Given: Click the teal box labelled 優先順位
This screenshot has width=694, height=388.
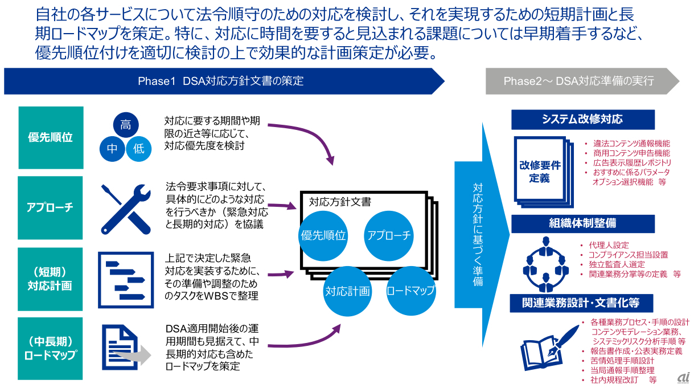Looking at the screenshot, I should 51,137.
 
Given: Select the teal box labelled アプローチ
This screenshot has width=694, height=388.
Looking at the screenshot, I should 51,207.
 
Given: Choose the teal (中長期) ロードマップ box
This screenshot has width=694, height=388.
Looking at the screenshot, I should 51,348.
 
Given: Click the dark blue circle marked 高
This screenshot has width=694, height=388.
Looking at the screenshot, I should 125,125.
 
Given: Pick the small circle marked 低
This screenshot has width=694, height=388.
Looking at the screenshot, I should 139,149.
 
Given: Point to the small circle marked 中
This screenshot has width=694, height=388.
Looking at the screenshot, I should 112,149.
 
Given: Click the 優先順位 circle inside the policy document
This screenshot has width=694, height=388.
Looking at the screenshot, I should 323,235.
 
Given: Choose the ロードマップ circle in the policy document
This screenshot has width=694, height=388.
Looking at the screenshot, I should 410,291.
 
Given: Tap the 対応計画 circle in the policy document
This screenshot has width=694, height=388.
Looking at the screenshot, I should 347,291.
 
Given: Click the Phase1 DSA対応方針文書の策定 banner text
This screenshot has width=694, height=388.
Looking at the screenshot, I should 220,81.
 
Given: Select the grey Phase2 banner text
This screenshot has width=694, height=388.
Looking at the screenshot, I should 578,81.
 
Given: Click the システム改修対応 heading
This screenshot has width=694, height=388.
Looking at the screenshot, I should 582,119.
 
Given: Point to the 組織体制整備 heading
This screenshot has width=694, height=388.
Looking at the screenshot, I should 582,223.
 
